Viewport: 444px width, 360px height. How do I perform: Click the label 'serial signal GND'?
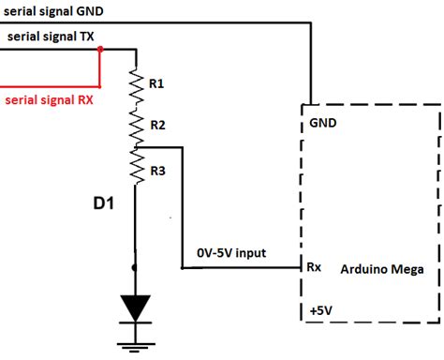[55, 9]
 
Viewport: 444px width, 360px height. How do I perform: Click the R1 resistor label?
[156, 83]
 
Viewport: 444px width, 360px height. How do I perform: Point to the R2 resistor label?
[157, 125]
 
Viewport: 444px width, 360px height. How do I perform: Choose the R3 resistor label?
[157, 171]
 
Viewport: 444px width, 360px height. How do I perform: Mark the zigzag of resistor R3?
[137, 169]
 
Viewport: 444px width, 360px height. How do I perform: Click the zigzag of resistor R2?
[137, 125]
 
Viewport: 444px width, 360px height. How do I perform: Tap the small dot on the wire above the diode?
[135, 267]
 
